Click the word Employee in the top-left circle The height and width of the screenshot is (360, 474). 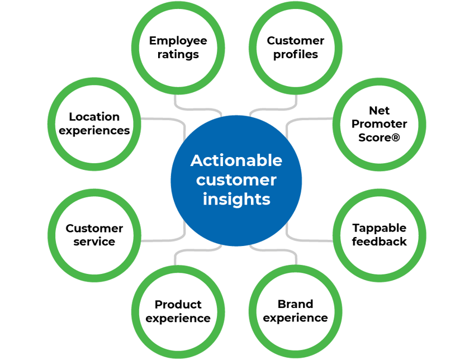[178, 41]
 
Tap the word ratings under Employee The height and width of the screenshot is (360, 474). [178, 55]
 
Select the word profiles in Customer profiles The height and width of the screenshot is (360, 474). [295, 55]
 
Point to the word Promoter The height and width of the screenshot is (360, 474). [380, 124]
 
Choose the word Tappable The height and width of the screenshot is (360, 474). [380, 228]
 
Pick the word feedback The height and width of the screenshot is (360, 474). [380, 242]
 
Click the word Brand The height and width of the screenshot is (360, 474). [295, 304]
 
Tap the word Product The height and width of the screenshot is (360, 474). [178, 305]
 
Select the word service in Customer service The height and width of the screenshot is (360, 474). [94, 242]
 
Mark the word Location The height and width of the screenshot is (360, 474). [94, 117]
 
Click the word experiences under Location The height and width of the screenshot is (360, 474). [94, 131]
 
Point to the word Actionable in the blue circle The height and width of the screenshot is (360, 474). [236, 160]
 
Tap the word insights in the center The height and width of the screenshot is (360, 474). [236, 199]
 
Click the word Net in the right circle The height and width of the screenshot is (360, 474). [380, 110]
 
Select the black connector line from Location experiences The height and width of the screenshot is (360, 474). [162, 119]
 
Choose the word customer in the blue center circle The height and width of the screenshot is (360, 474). [236, 180]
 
